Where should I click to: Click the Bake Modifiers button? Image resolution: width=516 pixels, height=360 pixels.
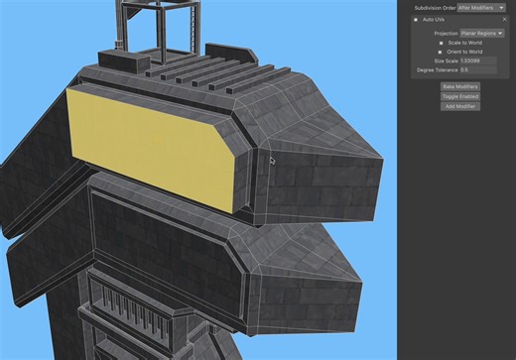(459, 86)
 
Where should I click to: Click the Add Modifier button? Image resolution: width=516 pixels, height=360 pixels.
(459, 106)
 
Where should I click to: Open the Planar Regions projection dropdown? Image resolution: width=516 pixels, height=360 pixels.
(482, 33)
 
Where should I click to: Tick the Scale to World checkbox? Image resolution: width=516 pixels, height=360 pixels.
(441, 43)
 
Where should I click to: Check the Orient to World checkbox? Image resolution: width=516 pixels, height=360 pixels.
(441, 52)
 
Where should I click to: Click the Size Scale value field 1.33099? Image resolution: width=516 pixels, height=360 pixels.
(477, 60)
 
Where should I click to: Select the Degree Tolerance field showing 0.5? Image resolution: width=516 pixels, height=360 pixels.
(477, 69)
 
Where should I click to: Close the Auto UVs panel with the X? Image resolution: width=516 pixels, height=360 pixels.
(504, 19)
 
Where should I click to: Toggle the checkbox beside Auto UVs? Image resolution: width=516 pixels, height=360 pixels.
(416, 19)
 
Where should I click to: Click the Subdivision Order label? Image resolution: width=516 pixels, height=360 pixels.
(436, 7)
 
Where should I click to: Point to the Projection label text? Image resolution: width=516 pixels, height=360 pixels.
(446, 33)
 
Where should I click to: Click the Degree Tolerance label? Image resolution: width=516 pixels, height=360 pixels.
(437, 69)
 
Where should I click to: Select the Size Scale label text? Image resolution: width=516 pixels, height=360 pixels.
(445, 60)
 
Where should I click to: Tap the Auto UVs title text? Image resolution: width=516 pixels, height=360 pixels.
(433, 19)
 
